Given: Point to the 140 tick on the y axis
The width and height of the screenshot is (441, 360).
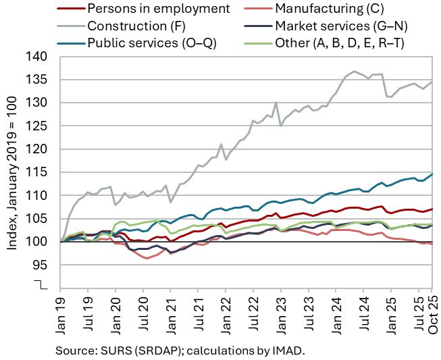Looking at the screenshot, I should click(41, 57).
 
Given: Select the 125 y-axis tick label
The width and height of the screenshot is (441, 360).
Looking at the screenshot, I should click(41, 126).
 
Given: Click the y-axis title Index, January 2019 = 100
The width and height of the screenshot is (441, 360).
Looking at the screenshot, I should click(12, 173).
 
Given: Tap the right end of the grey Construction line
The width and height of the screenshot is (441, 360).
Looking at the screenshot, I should click(432, 82).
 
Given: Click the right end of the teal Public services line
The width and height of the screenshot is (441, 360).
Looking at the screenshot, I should click(432, 174).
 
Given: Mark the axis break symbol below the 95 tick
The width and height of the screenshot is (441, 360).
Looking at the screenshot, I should click(45, 285).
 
